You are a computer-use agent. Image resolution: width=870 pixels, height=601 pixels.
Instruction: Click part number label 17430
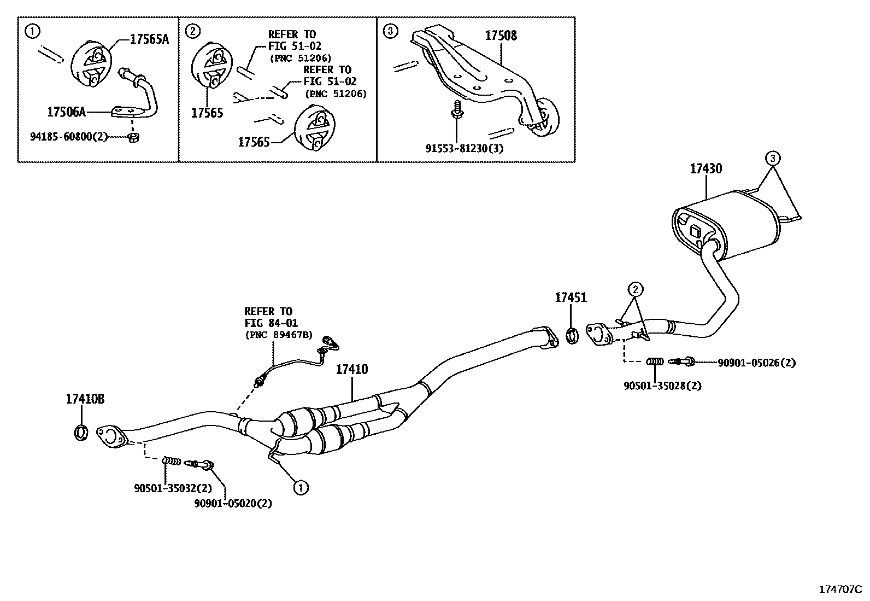pyautogui.click(x=705, y=168)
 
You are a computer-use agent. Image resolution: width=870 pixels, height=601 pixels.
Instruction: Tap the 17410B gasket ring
pyautogui.click(x=81, y=432)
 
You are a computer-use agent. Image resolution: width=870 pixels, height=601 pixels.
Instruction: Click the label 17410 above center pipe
pyautogui.click(x=351, y=370)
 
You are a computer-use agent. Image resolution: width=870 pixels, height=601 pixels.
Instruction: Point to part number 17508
pyautogui.click(x=501, y=36)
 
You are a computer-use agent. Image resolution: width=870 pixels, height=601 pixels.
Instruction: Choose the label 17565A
pyautogui.click(x=149, y=39)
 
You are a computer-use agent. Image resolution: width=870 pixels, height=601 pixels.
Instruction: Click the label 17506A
pyautogui.click(x=66, y=112)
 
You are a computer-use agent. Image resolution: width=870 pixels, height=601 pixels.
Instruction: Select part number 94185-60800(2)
pyautogui.click(x=69, y=137)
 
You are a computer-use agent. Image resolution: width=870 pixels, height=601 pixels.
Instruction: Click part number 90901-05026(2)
pyautogui.click(x=756, y=363)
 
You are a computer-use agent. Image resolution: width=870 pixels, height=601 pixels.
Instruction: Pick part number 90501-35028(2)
pyautogui.click(x=662, y=386)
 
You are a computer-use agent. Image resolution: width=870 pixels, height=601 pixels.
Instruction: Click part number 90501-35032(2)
pyautogui.click(x=173, y=488)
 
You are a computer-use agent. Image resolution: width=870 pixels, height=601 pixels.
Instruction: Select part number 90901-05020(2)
pyautogui.click(x=233, y=503)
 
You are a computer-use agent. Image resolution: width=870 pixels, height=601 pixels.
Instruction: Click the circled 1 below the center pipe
pyautogui.click(x=300, y=487)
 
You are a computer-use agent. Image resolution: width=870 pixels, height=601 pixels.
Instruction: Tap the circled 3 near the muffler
pyautogui.click(x=772, y=159)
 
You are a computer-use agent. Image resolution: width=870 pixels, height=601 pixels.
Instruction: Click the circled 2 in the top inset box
pyautogui.click(x=192, y=31)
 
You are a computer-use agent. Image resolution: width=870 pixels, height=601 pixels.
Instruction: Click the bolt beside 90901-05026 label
pyautogui.click(x=683, y=361)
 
